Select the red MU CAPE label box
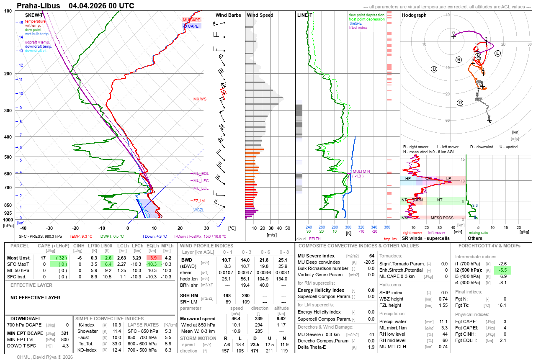coord(191,20)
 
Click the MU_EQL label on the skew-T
coord(201,173)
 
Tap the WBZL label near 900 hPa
coord(198,210)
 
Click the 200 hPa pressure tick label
coord(8,74)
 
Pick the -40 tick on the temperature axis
coord(23,228)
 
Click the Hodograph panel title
coord(414,15)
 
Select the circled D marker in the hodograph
coord(460,103)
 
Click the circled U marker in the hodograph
coord(434,69)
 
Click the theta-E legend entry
coord(355,23)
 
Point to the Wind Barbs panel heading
coord(228,15)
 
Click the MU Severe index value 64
coord(371,255)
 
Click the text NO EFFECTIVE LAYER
coord(35,298)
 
